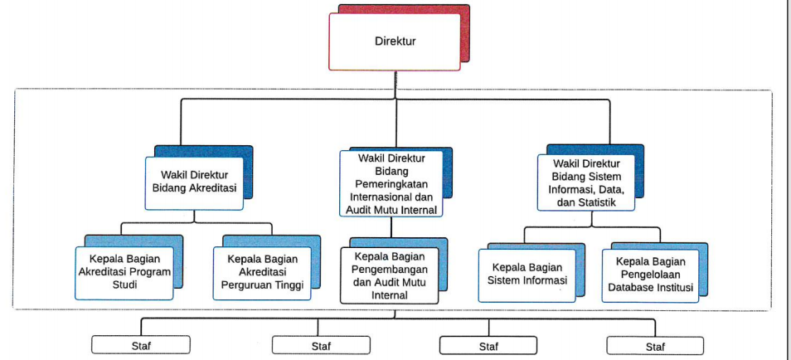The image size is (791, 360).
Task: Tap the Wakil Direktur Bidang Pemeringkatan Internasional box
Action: click(390, 183)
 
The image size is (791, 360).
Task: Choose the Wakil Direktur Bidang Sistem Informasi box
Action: click(588, 182)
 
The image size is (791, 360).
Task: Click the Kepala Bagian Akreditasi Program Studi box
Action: click(124, 272)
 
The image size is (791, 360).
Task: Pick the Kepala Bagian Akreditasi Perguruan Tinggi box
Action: click(262, 271)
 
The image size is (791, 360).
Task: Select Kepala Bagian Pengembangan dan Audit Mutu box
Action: click(390, 275)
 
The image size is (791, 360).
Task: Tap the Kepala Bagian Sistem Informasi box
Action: click(527, 273)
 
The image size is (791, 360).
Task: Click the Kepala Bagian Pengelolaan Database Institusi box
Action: click(652, 273)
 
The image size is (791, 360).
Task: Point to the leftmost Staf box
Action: click(140, 346)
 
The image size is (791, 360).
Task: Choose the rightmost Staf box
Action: click(655, 346)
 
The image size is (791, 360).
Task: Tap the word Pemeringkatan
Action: click(391, 183)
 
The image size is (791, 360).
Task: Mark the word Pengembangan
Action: click(390, 269)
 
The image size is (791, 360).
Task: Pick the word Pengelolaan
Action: click(651, 273)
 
